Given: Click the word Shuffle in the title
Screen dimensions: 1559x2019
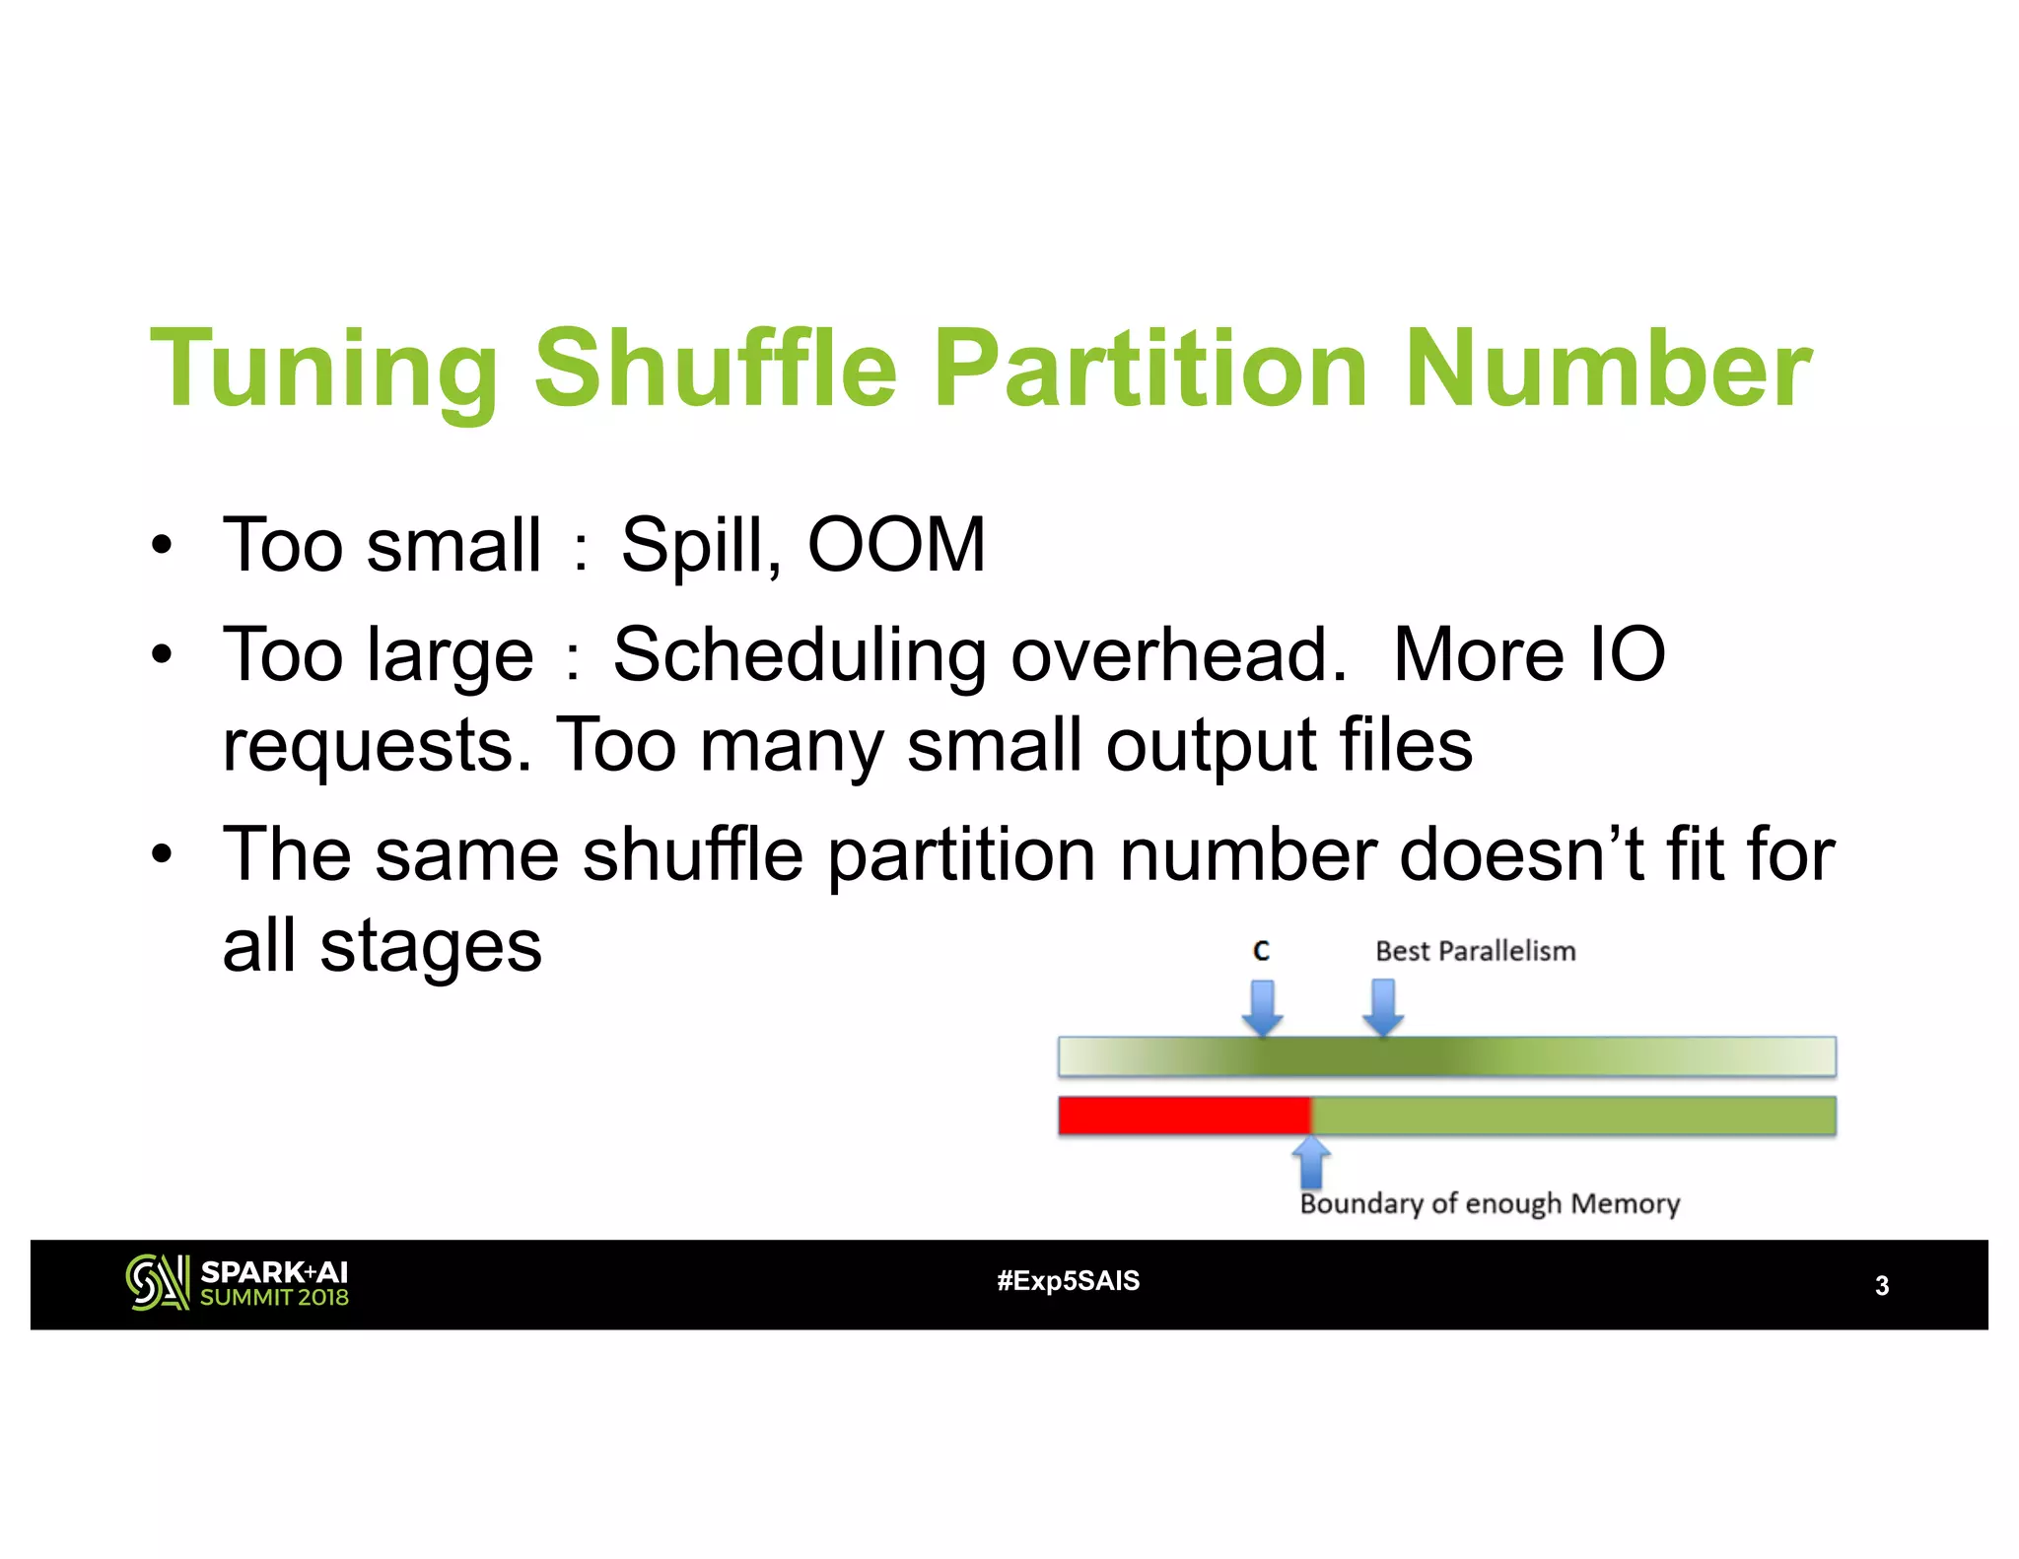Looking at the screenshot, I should [x=715, y=370].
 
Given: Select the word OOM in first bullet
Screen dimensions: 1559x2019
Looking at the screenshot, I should [x=895, y=544].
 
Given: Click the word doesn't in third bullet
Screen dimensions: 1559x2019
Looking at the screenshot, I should [x=1523, y=854].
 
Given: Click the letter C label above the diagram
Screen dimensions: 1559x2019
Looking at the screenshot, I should [x=1261, y=951].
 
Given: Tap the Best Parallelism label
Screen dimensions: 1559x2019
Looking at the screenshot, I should [x=1475, y=951].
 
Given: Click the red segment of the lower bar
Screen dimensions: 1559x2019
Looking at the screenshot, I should [x=1183, y=1117].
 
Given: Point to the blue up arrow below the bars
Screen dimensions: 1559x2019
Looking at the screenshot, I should [x=1310, y=1163].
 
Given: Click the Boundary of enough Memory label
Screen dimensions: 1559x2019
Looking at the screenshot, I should [x=1489, y=1204].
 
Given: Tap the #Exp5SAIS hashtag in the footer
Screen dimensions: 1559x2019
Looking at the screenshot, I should [x=1068, y=1281].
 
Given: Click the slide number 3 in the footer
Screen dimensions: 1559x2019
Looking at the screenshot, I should [x=1881, y=1286].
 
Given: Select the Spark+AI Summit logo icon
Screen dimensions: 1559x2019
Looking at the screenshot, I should [x=157, y=1282].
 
